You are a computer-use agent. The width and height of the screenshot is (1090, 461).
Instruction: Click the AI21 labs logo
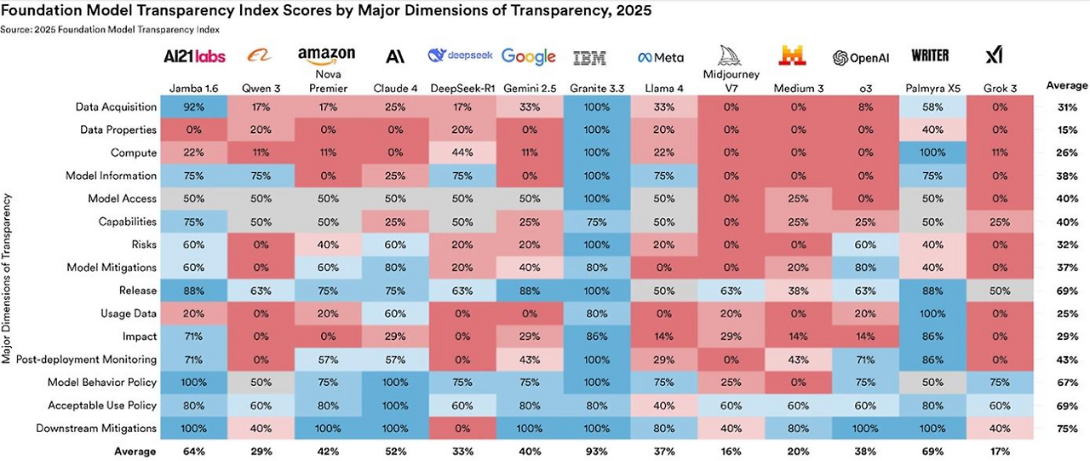tap(193, 56)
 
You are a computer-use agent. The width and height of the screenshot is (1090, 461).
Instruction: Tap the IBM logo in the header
tap(589, 57)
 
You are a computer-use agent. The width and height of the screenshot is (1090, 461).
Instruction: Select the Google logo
tap(528, 56)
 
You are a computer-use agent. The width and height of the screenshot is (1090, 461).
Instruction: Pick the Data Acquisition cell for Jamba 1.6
tap(193, 107)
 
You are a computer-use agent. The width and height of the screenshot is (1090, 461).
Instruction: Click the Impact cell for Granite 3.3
tap(589, 337)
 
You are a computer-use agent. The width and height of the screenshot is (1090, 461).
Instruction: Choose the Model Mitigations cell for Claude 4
tap(394, 268)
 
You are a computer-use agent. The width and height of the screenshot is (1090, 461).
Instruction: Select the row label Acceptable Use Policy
tap(102, 406)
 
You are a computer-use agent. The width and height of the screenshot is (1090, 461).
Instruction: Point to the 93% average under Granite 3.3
tap(589, 451)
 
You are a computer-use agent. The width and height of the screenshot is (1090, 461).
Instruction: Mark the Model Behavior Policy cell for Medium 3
tap(798, 383)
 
